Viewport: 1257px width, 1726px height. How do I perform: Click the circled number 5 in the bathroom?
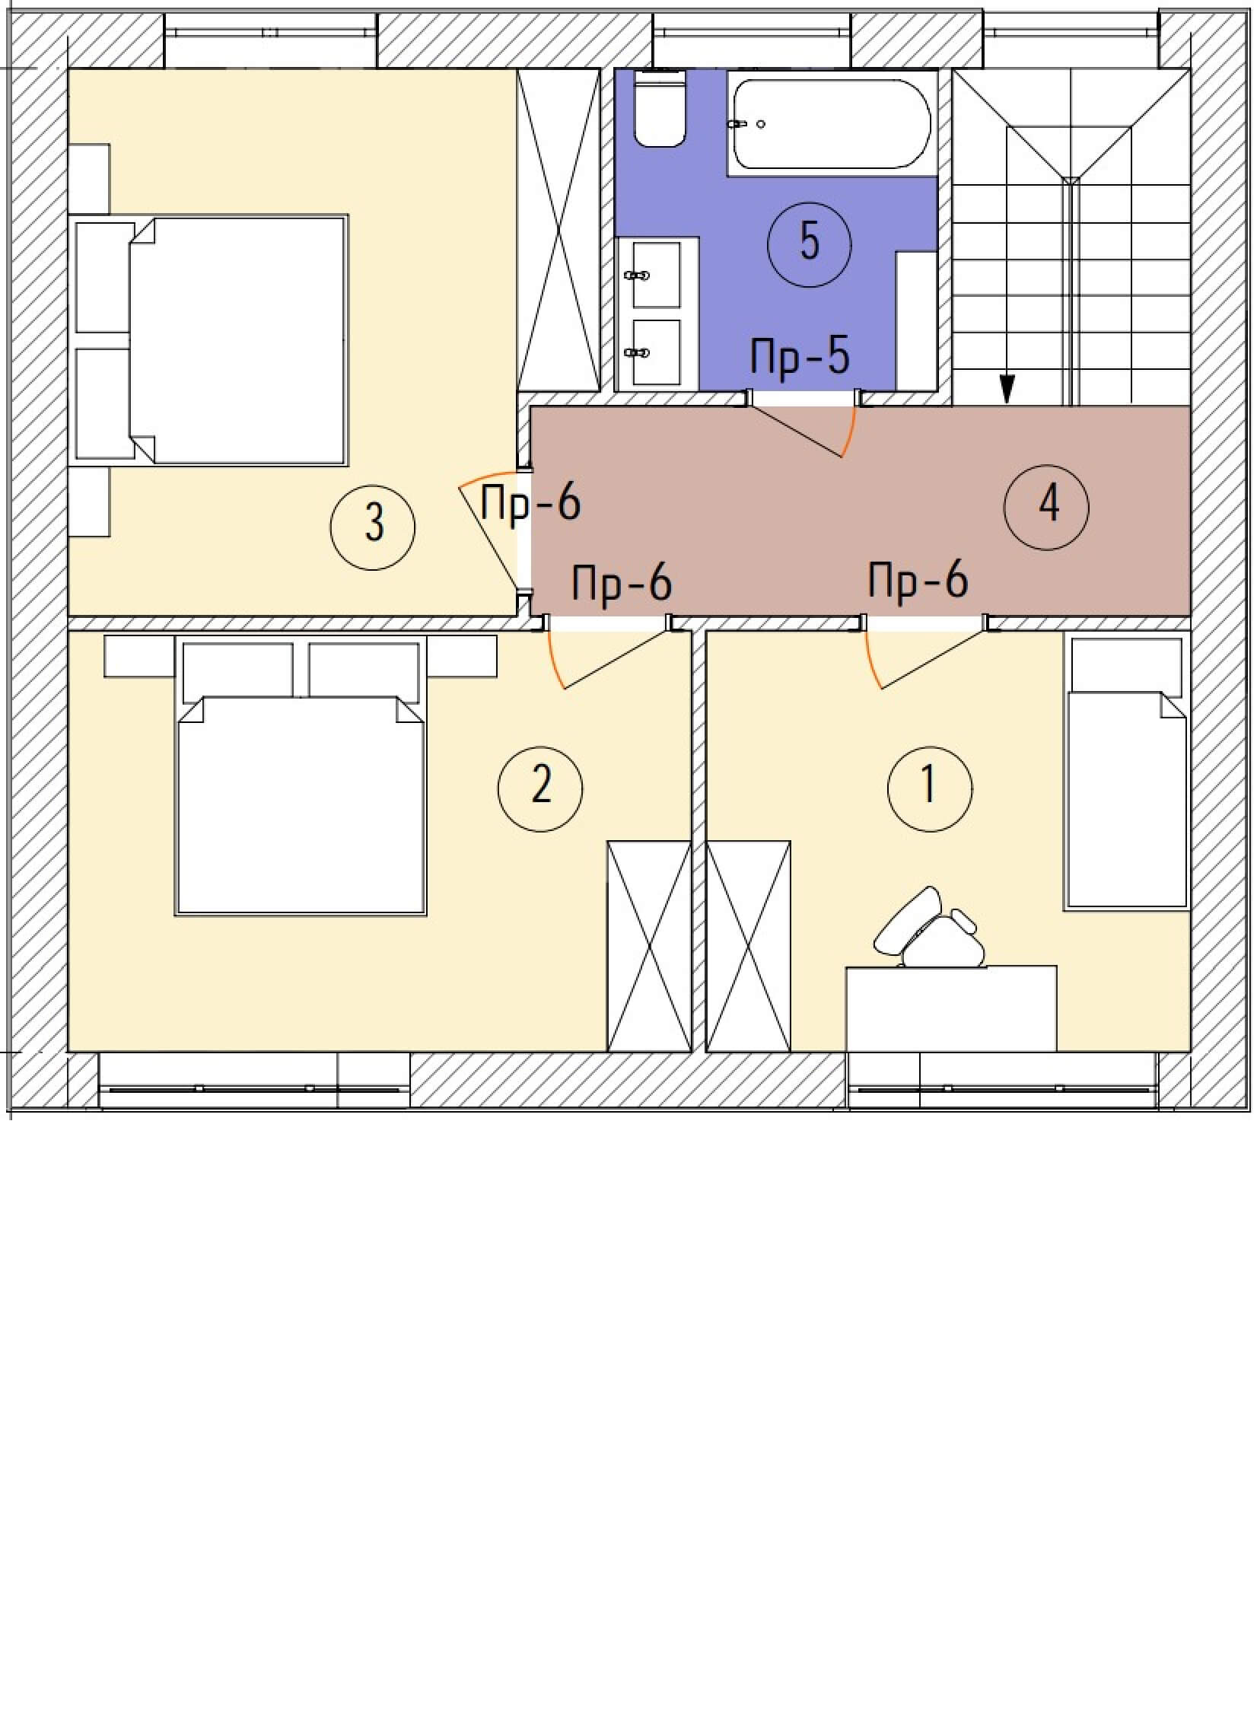(810, 245)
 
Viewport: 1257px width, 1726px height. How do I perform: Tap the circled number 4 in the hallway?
(1046, 507)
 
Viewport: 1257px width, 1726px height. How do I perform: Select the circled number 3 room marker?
(373, 527)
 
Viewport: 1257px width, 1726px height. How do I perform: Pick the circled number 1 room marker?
(930, 788)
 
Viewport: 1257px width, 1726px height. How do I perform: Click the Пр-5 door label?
(800, 356)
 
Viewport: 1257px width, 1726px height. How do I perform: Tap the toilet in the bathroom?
(661, 108)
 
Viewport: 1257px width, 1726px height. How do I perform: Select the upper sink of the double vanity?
(656, 275)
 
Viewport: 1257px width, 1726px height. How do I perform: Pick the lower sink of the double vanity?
(656, 352)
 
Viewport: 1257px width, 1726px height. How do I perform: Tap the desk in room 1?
(951, 1008)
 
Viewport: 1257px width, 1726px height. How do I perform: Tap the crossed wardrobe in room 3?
(559, 231)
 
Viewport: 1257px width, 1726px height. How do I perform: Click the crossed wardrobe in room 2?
(649, 946)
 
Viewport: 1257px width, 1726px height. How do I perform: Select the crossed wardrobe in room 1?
(749, 946)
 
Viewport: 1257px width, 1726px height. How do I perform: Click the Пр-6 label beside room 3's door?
(531, 503)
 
